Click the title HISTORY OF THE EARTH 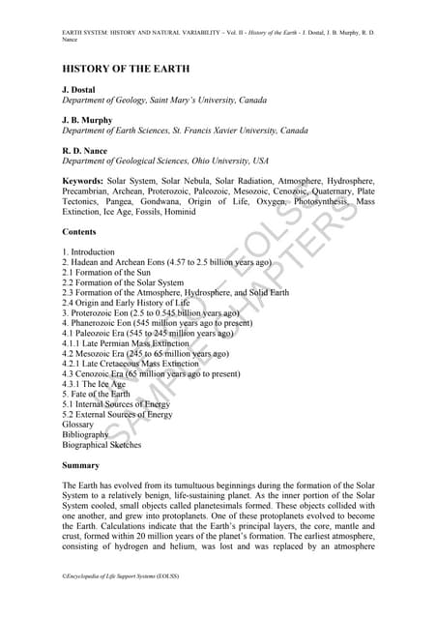pyautogui.click(x=127, y=70)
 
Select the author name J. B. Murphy pyautogui.click(x=88, y=120)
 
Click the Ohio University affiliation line pyautogui.click(x=165, y=161)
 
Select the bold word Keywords pyautogui.click(x=82, y=181)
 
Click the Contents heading pyautogui.click(x=79, y=232)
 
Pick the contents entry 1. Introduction pyautogui.click(x=88, y=252)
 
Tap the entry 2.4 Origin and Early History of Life pyautogui.click(x=132, y=303)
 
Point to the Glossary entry pyautogui.click(x=78, y=425)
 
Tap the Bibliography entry pyautogui.click(x=85, y=435)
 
